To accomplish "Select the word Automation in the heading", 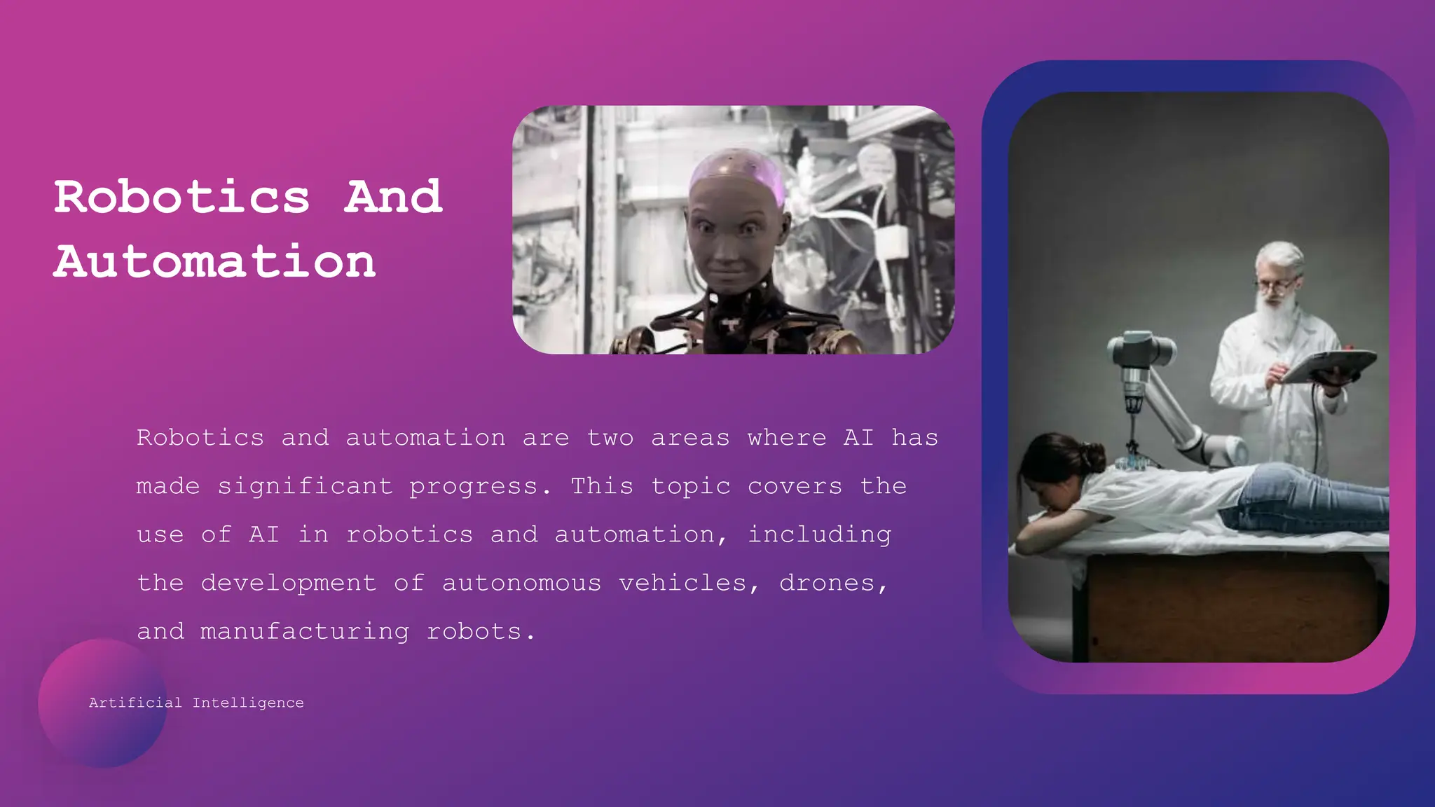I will (214, 261).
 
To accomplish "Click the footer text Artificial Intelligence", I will (196, 703).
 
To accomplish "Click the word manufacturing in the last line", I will (304, 631).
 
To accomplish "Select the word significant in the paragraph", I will (305, 486).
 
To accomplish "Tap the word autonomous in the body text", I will (521, 583).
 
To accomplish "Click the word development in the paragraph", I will (289, 583).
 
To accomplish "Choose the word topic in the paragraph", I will (690, 486).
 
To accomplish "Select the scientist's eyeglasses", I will (1277, 285).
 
